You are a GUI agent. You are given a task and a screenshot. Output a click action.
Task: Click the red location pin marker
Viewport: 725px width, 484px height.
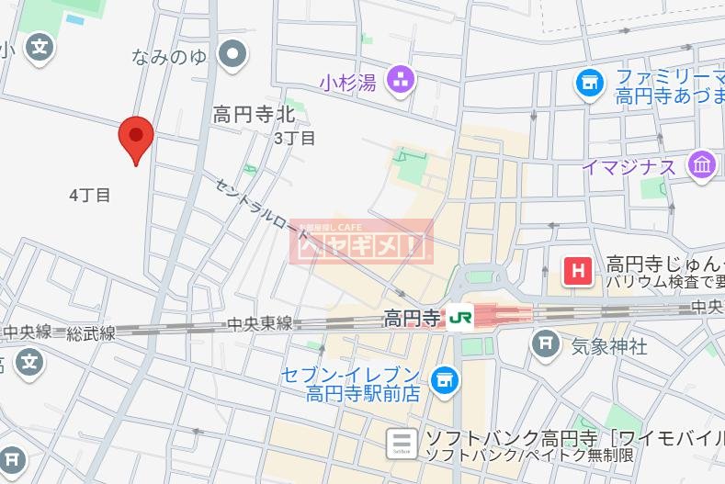[x=136, y=139]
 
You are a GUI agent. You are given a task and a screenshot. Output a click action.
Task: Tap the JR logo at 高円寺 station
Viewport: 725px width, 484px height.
[x=459, y=319]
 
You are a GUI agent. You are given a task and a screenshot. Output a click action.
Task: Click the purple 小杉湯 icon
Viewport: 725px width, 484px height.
[x=401, y=80]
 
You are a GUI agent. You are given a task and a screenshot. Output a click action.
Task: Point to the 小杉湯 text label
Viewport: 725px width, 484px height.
[x=348, y=83]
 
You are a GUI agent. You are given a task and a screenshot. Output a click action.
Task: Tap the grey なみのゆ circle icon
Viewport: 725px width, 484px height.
[x=234, y=55]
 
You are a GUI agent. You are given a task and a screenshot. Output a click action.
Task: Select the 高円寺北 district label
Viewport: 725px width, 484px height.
[x=254, y=115]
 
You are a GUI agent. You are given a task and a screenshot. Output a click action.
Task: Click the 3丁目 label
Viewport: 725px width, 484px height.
[x=294, y=139]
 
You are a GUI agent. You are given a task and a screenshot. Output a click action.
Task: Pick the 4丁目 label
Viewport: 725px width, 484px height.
[x=90, y=195]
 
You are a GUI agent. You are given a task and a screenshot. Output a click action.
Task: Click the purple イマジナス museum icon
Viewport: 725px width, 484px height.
[x=703, y=166]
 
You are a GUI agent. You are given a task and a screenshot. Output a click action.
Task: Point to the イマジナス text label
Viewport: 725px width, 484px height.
[x=629, y=167]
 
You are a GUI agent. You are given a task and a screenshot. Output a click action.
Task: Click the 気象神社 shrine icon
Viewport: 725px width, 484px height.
[x=546, y=344]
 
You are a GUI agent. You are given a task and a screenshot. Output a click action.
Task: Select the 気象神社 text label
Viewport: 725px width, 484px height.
[x=609, y=346]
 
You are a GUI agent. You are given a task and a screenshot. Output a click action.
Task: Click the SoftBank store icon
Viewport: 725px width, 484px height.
[x=401, y=443]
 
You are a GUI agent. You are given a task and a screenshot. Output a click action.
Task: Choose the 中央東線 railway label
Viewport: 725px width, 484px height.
[x=260, y=323]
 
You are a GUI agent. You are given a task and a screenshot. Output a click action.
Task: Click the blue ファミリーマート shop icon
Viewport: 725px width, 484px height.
[x=589, y=84]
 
